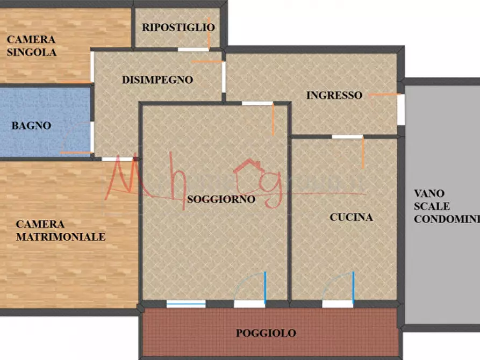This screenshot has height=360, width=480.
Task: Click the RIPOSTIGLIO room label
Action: [x=178, y=27]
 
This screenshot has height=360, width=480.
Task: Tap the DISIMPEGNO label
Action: [x=157, y=80]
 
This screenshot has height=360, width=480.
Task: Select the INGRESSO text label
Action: [x=334, y=95]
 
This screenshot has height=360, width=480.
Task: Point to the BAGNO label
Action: [x=31, y=126]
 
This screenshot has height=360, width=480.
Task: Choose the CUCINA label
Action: [x=351, y=217]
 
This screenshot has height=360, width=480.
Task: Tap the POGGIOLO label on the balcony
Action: [x=266, y=333]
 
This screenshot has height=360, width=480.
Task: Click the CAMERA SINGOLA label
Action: [x=31, y=46]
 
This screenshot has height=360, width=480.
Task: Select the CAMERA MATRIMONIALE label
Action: [x=60, y=231]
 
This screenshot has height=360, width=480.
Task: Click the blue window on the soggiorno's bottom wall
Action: [x=186, y=304]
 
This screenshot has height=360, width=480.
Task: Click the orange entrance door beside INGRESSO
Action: [x=386, y=95]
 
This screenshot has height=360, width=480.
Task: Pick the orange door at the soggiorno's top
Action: [x=273, y=119]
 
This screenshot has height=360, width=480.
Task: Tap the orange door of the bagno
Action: [x=76, y=153]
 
